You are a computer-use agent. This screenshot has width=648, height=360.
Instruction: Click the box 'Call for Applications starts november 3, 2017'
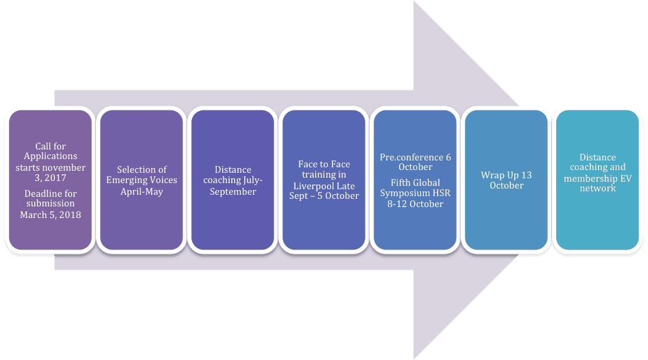pos(50,180)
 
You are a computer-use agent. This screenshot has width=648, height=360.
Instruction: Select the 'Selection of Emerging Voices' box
pos(141,180)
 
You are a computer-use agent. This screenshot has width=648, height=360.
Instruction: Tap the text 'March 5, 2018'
pos(51,215)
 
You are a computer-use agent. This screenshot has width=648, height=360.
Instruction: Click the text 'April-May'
pos(141,191)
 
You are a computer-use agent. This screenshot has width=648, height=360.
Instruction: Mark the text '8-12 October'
pos(416,204)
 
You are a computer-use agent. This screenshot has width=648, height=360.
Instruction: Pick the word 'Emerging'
pos(128,180)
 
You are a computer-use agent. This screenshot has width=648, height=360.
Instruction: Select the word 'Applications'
pos(51,156)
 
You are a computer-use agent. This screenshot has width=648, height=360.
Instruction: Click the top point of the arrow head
pos(414,2)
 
